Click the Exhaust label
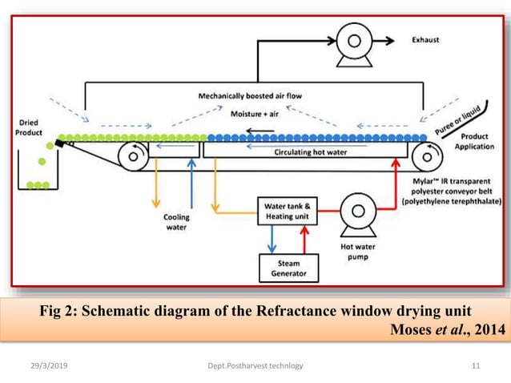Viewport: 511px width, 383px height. tap(426, 39)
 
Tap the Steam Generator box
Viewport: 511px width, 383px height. tap(288, 268)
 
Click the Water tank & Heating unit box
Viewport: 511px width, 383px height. tap(286, 211)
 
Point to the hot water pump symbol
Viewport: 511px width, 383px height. tap(356, 212)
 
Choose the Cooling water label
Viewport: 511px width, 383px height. tap(177, 221)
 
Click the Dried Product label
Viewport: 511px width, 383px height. tap(30, 127)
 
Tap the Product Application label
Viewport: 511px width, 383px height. tap(474, 142)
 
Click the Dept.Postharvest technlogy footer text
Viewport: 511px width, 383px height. tap(255, 366)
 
